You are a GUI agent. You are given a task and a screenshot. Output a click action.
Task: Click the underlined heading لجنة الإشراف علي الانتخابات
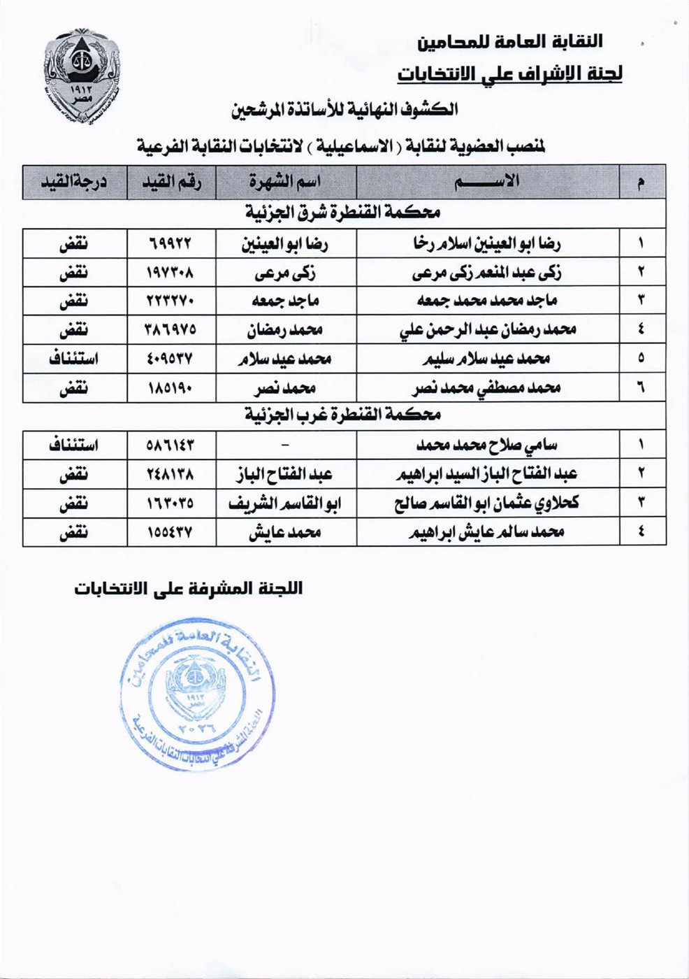tap(509, 73)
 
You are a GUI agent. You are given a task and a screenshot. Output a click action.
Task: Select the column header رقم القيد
tap(171, 183)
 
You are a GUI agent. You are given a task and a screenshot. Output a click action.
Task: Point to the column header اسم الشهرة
tap(285, 183)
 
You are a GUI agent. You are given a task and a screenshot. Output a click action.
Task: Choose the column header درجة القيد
tap(73, 183)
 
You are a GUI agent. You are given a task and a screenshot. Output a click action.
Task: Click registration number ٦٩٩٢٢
tap(171, 244)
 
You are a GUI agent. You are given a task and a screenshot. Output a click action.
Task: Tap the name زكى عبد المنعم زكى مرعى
tap(486, 273)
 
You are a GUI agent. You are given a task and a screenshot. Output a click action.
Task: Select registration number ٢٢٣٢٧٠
tap(171, 301)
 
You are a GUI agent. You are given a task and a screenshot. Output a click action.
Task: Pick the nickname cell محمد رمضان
tap(285, 330)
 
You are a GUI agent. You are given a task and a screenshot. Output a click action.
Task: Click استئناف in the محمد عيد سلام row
tap(73, 359)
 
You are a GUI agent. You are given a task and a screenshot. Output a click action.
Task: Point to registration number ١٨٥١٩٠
tap(171, 387)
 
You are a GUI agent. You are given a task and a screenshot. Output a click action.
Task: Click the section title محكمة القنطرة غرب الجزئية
tap(342, 415)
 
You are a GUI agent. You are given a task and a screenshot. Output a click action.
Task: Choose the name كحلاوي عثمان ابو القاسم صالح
tap(486, 503)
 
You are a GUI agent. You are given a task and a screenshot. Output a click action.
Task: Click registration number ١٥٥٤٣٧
tap(171, 532)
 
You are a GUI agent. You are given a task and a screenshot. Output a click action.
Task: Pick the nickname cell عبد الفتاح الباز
tap(285, 474)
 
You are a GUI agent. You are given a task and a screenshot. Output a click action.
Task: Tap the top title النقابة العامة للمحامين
tap(510, 42)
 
